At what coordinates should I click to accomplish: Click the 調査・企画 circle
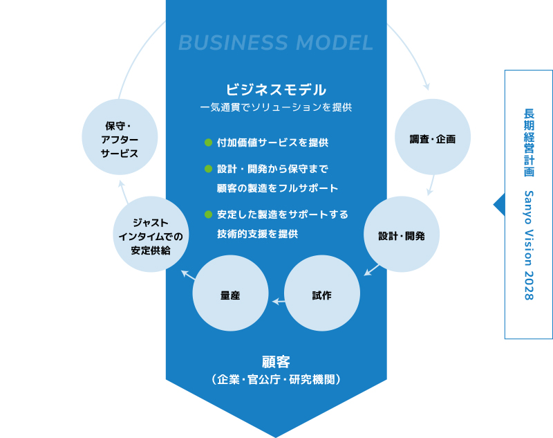433,139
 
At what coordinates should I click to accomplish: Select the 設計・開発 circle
401,235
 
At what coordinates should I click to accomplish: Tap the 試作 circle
321,295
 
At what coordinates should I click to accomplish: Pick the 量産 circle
230,295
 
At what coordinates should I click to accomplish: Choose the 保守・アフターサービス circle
119,139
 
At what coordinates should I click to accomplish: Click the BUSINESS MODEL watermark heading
276,43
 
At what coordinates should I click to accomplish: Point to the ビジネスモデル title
276,89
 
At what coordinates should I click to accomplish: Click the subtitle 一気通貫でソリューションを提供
276,108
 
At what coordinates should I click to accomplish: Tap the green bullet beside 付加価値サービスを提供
207,143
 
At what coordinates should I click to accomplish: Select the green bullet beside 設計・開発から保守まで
207,169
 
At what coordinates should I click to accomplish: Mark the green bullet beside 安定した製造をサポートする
207,215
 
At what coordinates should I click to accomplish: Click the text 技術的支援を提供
257,234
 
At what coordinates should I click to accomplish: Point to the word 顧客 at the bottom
276,361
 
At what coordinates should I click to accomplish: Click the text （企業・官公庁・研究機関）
276,380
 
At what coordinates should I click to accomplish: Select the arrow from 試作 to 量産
278,301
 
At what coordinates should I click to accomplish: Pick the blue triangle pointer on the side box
498,204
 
